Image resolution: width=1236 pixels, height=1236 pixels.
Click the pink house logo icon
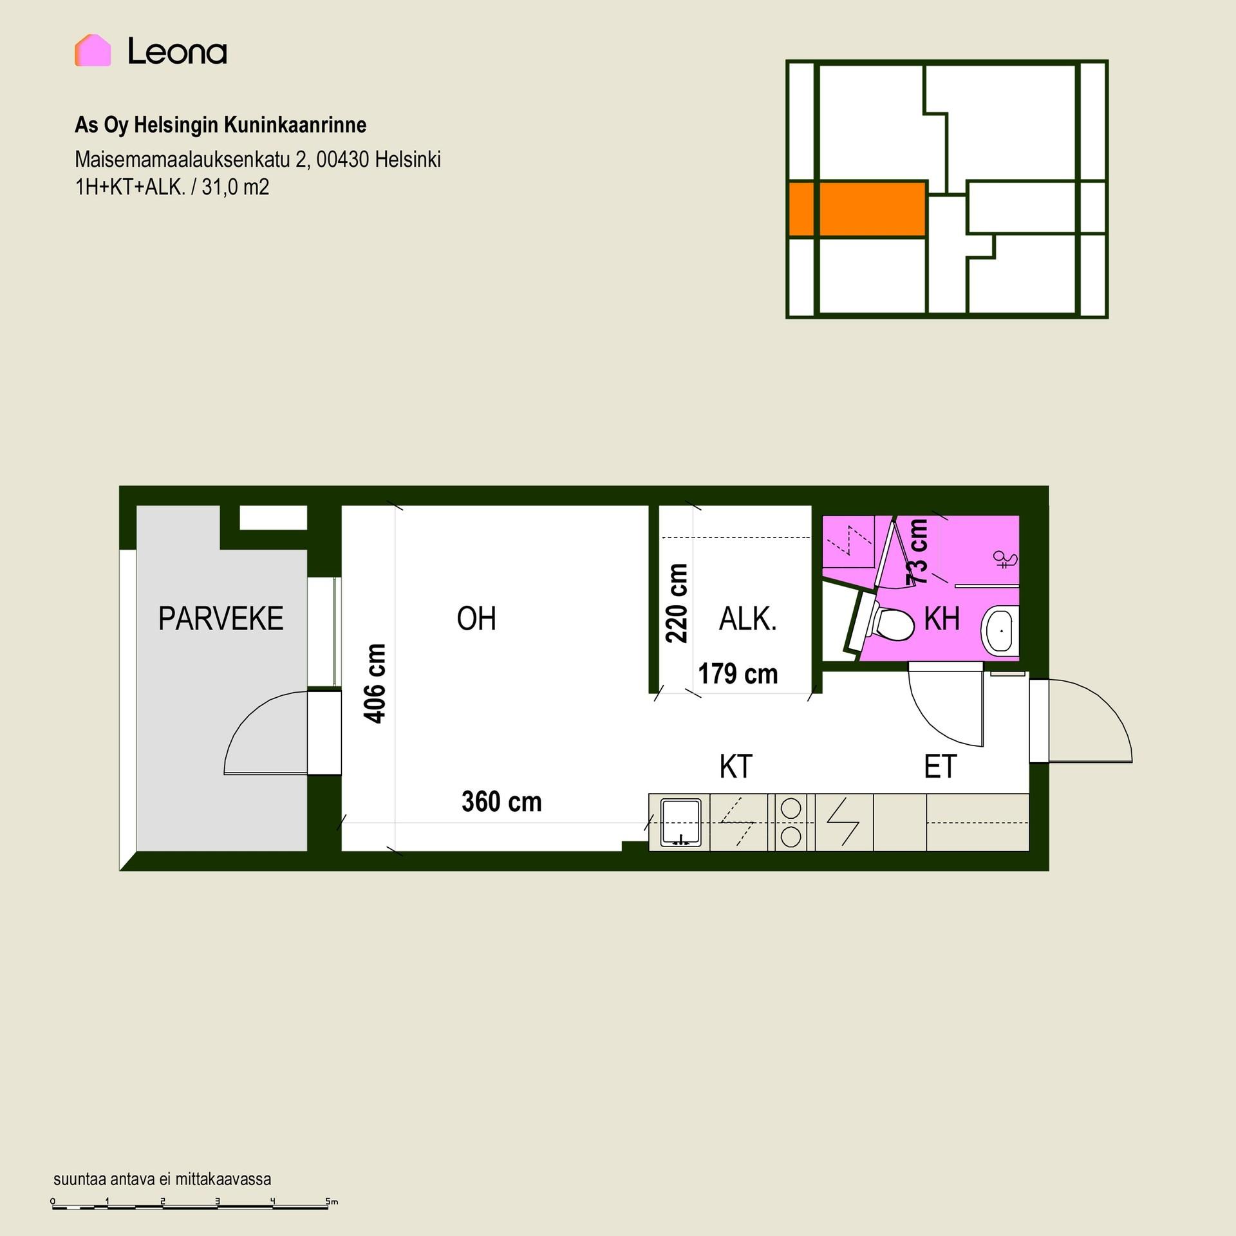[x=93, y=50]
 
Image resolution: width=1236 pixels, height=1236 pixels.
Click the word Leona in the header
[x=177, y=51]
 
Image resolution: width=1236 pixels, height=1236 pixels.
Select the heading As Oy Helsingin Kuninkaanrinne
[x=220, y=125]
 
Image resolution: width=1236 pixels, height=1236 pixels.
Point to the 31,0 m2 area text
[x=235, y=187]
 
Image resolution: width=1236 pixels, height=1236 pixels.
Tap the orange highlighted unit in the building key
[x=857, y=209]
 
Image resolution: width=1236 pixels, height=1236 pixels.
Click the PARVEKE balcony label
[x=221, y=619]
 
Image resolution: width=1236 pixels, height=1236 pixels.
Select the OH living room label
[x=476, y=619]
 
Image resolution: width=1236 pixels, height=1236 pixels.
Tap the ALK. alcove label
[x=747, y=619]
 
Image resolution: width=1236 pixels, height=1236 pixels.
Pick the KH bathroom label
[x=942, y=619]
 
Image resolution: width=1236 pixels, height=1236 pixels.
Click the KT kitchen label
[x=736, y=766]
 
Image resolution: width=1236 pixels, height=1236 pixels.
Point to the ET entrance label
[x=941, y=766]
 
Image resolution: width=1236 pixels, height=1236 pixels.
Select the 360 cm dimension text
[x=501, y=801]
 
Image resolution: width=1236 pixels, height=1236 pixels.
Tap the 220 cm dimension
[x=677, y=603]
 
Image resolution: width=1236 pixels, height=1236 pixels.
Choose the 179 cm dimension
[x=738, y=674]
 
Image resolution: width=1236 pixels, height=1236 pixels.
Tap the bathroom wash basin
[x=999, y=631]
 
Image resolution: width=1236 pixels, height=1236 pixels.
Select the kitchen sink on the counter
[x=680, y=822]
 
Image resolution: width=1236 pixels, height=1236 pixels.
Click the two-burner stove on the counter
[x=791, y=822]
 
